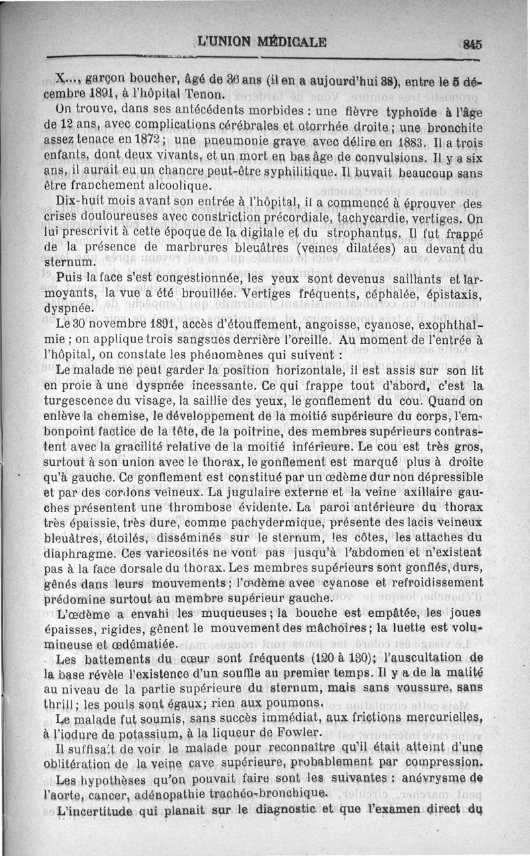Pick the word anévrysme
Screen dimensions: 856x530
click(x=427, y=780)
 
